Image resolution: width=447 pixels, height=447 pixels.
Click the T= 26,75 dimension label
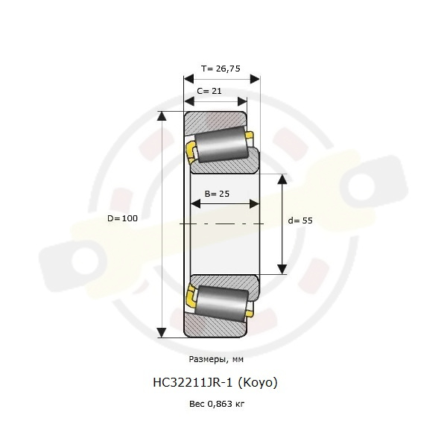pos(221,69)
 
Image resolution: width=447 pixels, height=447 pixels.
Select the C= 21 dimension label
pos(209,91)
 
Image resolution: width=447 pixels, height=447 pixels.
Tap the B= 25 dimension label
pos(217,194)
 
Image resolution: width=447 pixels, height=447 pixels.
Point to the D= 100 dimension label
pos(122,218)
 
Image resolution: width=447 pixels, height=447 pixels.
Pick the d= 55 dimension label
pos(300,221)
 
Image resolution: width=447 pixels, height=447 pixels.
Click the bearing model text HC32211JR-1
pos(193,383)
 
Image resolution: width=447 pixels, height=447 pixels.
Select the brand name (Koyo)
pos(258,383)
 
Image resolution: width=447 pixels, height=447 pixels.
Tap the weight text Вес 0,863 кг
pos(217,404)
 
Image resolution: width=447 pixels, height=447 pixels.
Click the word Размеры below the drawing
pos(208,360)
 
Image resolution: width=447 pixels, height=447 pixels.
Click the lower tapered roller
pos(222,304)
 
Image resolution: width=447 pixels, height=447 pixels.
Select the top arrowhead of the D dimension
pos(162,116)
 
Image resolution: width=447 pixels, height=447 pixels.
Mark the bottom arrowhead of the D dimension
pos(162,333)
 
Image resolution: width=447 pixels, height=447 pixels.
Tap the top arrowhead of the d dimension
pos(282,179)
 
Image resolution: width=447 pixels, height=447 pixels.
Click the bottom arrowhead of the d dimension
pos(282,270)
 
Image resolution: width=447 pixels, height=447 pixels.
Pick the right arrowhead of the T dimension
pos(255,79)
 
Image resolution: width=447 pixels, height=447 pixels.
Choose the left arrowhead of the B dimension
pos(195,204)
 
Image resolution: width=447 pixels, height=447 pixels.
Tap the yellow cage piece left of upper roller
pos(190,152)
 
